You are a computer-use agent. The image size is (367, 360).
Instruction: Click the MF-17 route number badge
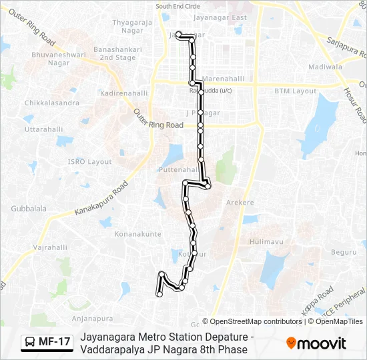point(47,342)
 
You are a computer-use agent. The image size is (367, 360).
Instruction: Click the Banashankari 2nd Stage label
point(109,53)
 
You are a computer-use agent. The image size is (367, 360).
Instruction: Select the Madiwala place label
point(325,67)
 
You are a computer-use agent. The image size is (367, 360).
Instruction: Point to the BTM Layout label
point(295,91)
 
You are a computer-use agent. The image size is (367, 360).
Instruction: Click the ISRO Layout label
point(91,162)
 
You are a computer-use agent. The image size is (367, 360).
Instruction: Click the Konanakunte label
point(138,234)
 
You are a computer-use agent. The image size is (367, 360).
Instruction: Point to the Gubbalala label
point(29,209)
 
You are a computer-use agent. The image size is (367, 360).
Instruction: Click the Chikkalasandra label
point(51,103)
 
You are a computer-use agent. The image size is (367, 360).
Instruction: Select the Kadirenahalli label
point(123,93)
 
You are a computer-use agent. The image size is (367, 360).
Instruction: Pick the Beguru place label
point(344,252)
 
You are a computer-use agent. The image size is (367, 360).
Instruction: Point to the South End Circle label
point(178,6)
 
